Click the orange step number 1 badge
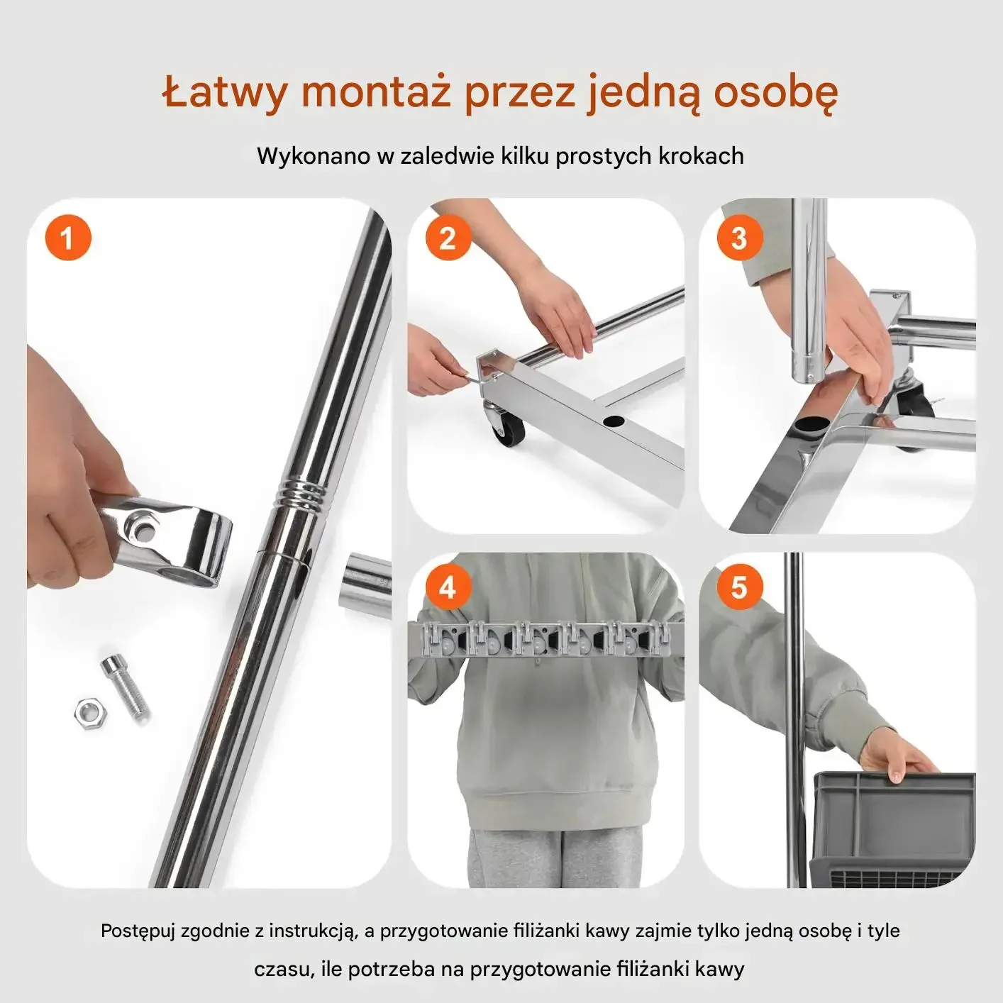(68, 238)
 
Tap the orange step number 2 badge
(448, 238)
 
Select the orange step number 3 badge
(740, 238)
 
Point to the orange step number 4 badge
(448, 587)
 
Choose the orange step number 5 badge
(740, 587)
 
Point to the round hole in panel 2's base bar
(614, 421)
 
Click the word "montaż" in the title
(376, 92)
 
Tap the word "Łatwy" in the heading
(224, 94)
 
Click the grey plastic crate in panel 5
(892, 829)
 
